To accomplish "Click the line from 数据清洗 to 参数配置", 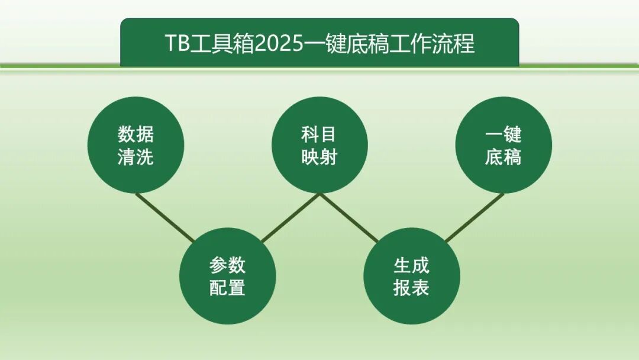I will point(165,217).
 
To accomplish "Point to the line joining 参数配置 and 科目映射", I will point(290,217).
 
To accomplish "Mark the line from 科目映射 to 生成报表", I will point(349,217).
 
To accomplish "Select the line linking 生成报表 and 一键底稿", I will point(474,217).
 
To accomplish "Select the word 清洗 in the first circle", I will point(135,157).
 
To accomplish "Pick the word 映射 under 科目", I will point(319,157).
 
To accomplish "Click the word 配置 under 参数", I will point(228,287).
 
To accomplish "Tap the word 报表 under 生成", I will point(412,287).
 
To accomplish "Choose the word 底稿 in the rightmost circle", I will point(504,157).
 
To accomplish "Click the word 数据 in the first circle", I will point(135,134).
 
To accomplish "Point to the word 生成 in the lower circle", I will point(412,265).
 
